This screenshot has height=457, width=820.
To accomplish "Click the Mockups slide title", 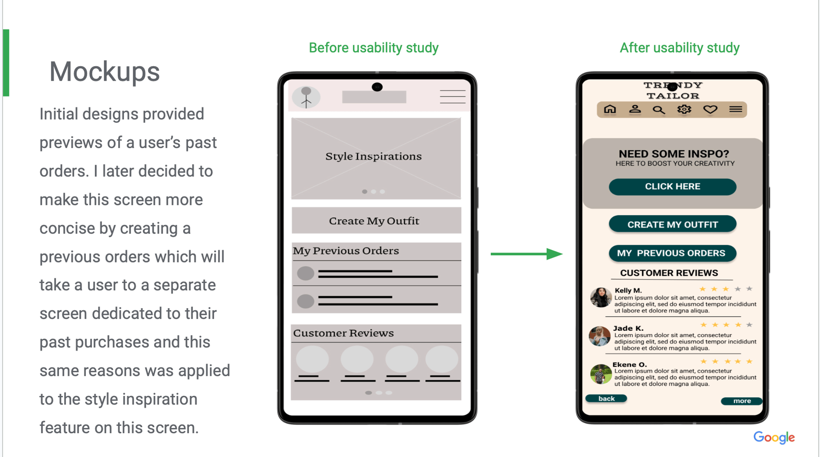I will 104,72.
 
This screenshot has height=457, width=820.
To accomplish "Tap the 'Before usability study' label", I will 373,48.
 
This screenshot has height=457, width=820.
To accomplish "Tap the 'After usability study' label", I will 679,48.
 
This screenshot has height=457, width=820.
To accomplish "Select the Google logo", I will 773,437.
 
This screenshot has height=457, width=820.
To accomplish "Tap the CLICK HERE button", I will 672,186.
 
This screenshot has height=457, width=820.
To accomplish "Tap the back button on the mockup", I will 606,399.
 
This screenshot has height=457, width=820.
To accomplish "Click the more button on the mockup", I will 741,401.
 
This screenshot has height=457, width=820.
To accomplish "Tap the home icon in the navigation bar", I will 610,110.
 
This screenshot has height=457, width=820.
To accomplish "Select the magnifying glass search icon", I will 659,110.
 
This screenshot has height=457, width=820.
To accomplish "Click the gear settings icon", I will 684,110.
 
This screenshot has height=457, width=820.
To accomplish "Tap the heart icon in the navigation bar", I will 710,110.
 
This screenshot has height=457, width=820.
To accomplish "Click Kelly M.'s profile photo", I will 600,297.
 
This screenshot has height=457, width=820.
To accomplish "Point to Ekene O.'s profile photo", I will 600,374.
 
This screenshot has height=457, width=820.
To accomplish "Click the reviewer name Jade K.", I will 628,328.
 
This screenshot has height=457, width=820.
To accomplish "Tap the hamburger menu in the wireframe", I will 452,97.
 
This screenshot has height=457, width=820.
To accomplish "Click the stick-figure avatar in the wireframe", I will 306,97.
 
